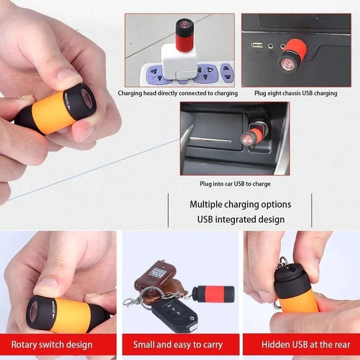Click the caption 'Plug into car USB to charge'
[x=235, y=184]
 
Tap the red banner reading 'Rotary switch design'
[x=52, y=345]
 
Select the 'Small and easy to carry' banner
[x=178, y=345]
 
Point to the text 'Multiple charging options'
[x=240, y=204]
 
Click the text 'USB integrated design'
[x=241, y=220]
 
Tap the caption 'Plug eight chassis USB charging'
[x=296, y=93]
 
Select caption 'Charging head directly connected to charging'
[x=178, y=93]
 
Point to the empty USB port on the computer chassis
[x=257, y=45]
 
